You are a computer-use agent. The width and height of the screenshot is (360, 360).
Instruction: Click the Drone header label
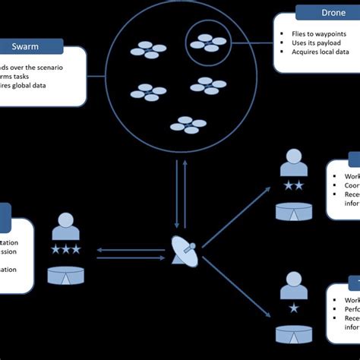pyautogui.click(x=328, y=13)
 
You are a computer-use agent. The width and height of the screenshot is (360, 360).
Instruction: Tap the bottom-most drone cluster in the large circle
pyautogui.click(x=188, y=123)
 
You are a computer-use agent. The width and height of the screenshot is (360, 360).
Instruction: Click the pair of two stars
pyautogui.click(x=293, y=186)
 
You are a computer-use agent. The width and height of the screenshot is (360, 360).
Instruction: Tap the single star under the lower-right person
pyautogui.click(x=293, y=308)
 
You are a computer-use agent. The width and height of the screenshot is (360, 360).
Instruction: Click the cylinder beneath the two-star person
pyautogui.click(x=293, y=210)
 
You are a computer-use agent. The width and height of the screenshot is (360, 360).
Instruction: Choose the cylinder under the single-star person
pyautogui.click(x=293, y=333)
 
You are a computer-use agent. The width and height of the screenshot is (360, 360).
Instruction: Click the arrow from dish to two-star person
pyautogui.click(x=235, y=216)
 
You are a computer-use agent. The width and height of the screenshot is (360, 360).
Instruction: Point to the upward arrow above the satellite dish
pyautogui.click(x=185, y=194)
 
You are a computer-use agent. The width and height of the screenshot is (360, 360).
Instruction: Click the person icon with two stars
pyautogui.click(x=293, y=163)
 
